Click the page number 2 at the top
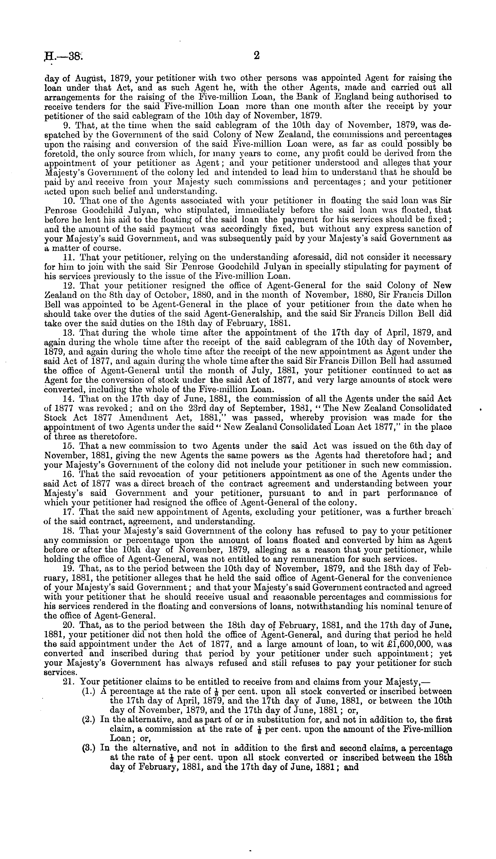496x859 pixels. pyautogui.click(x=256, y=56)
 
